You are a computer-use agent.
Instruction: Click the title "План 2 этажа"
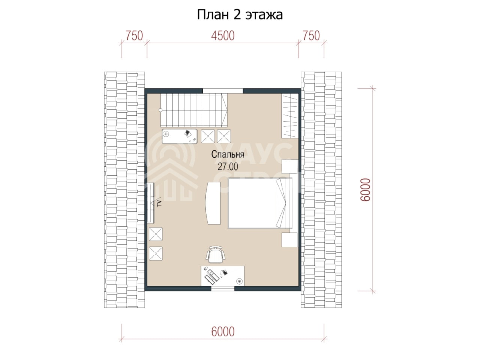click(x=240, y=15)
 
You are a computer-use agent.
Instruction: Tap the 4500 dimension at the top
click(x=223, y=36)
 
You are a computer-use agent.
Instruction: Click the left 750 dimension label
click(x=134, y=36)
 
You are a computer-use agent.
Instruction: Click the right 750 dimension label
click(x=311, y=36)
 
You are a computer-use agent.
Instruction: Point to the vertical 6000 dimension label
click(x=365, y=189)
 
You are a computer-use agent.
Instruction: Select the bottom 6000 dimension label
click(x=223, y=331)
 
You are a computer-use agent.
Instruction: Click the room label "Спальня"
click(x=228, y=154)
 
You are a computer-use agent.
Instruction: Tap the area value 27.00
click(x=228, y=167)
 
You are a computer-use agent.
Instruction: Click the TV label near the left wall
click(x=159, y=203)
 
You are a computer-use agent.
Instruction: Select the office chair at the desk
click(x=216, y=254)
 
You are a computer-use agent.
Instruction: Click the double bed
click(x=260, y=203)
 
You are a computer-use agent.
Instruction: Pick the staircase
click(x=194, y=110)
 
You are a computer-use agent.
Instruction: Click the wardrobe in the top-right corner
click(x=290, y=116)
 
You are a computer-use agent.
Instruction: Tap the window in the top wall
click(x=223, y=91)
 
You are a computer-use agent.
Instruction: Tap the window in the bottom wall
click(x=223, y=288)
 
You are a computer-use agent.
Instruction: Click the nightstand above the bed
click(x=289, y=166)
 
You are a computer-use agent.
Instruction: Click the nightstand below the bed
click(x=289, y=240)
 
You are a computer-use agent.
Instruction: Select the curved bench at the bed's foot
click(x=213, y=203)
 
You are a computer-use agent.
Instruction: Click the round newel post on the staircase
click(x=160, y=110)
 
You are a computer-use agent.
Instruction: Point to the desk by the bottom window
click(x=223, y=276)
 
